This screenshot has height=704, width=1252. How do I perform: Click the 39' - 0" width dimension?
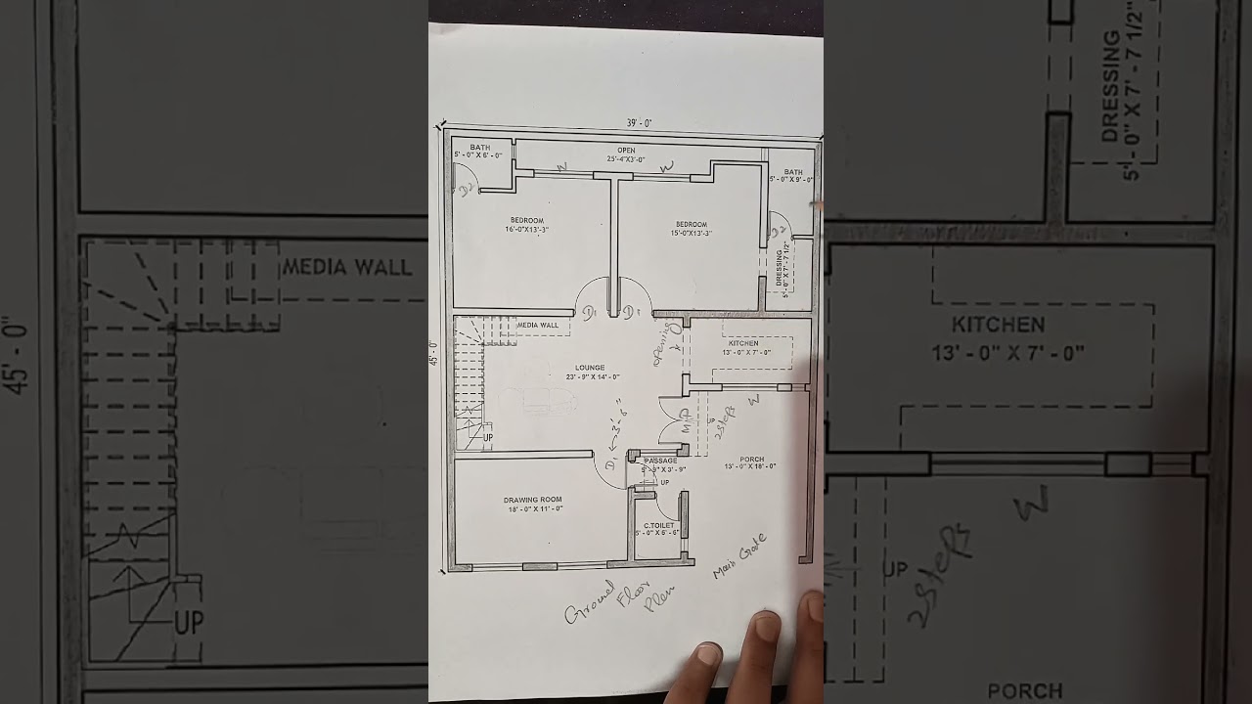pyautogui.click(x=640, y=123)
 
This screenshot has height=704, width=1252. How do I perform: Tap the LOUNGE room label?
pyautogui.click(x=590, y=368)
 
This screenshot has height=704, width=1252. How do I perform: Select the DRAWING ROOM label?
pyautogui.click(x=533, y=500)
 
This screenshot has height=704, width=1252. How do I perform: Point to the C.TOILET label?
pyautogui.click(x=658, y=525)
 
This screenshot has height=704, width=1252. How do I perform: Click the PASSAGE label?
pyautogui.click(x=660, y=461)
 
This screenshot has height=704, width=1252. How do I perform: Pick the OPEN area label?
pyautogui.click(x=626, y=151)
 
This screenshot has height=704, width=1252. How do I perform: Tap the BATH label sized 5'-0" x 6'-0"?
pyautogui.click(x=479, y=148)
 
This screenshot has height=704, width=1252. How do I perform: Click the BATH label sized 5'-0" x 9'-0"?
pyautogui.click(x=792, y=171)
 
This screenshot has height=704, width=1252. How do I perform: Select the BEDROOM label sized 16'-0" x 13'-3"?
pyautogui.click(x=526, y=221)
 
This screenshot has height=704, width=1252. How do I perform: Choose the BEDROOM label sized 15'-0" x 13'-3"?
pyautogui.click(x=691, y=225)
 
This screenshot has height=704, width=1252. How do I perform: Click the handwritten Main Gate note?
pyautogui.click(x=739, y=555)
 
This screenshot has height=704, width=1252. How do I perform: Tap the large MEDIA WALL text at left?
pyautogui.click(x=346, y=268)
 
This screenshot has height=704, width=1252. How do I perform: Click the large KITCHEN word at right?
pyautogui.click(x=998, y=325)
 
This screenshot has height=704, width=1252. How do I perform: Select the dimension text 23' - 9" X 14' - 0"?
pyautogui.click(x=593, y=376)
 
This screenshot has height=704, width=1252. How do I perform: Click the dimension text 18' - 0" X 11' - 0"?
pyautogui.click(x=533, y=508)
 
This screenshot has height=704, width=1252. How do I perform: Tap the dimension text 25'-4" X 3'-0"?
pyautogui.click(x=626, y=158)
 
